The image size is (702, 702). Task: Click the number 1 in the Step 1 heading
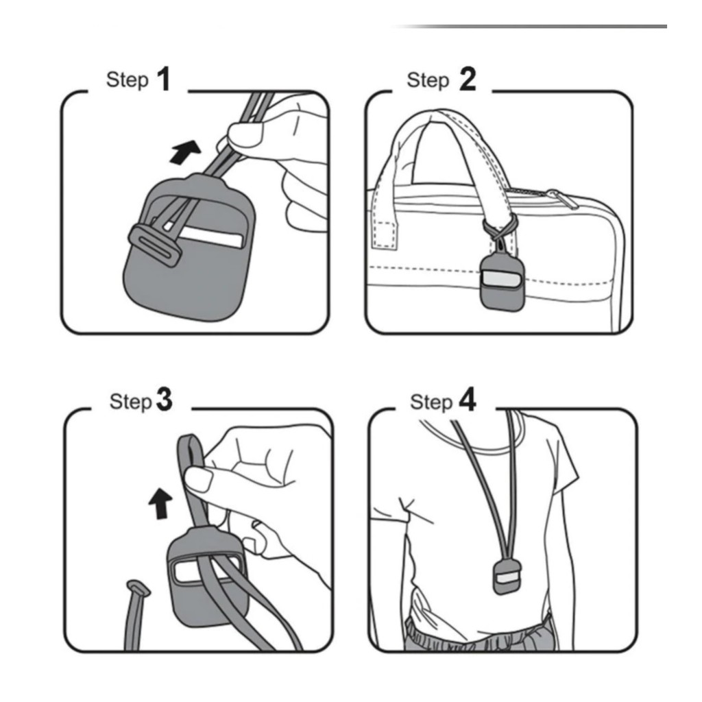click(162, 80)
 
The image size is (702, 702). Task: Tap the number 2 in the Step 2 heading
click(467, 80)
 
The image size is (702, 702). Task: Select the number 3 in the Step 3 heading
click(165, 400)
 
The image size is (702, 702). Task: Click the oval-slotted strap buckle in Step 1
click(156, 244)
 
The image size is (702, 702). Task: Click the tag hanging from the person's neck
click(507, 577)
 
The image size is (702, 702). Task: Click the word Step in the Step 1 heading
click(127, 80)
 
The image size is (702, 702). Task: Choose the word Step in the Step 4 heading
click(431, 402)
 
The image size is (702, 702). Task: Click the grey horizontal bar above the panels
click(535, 27)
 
